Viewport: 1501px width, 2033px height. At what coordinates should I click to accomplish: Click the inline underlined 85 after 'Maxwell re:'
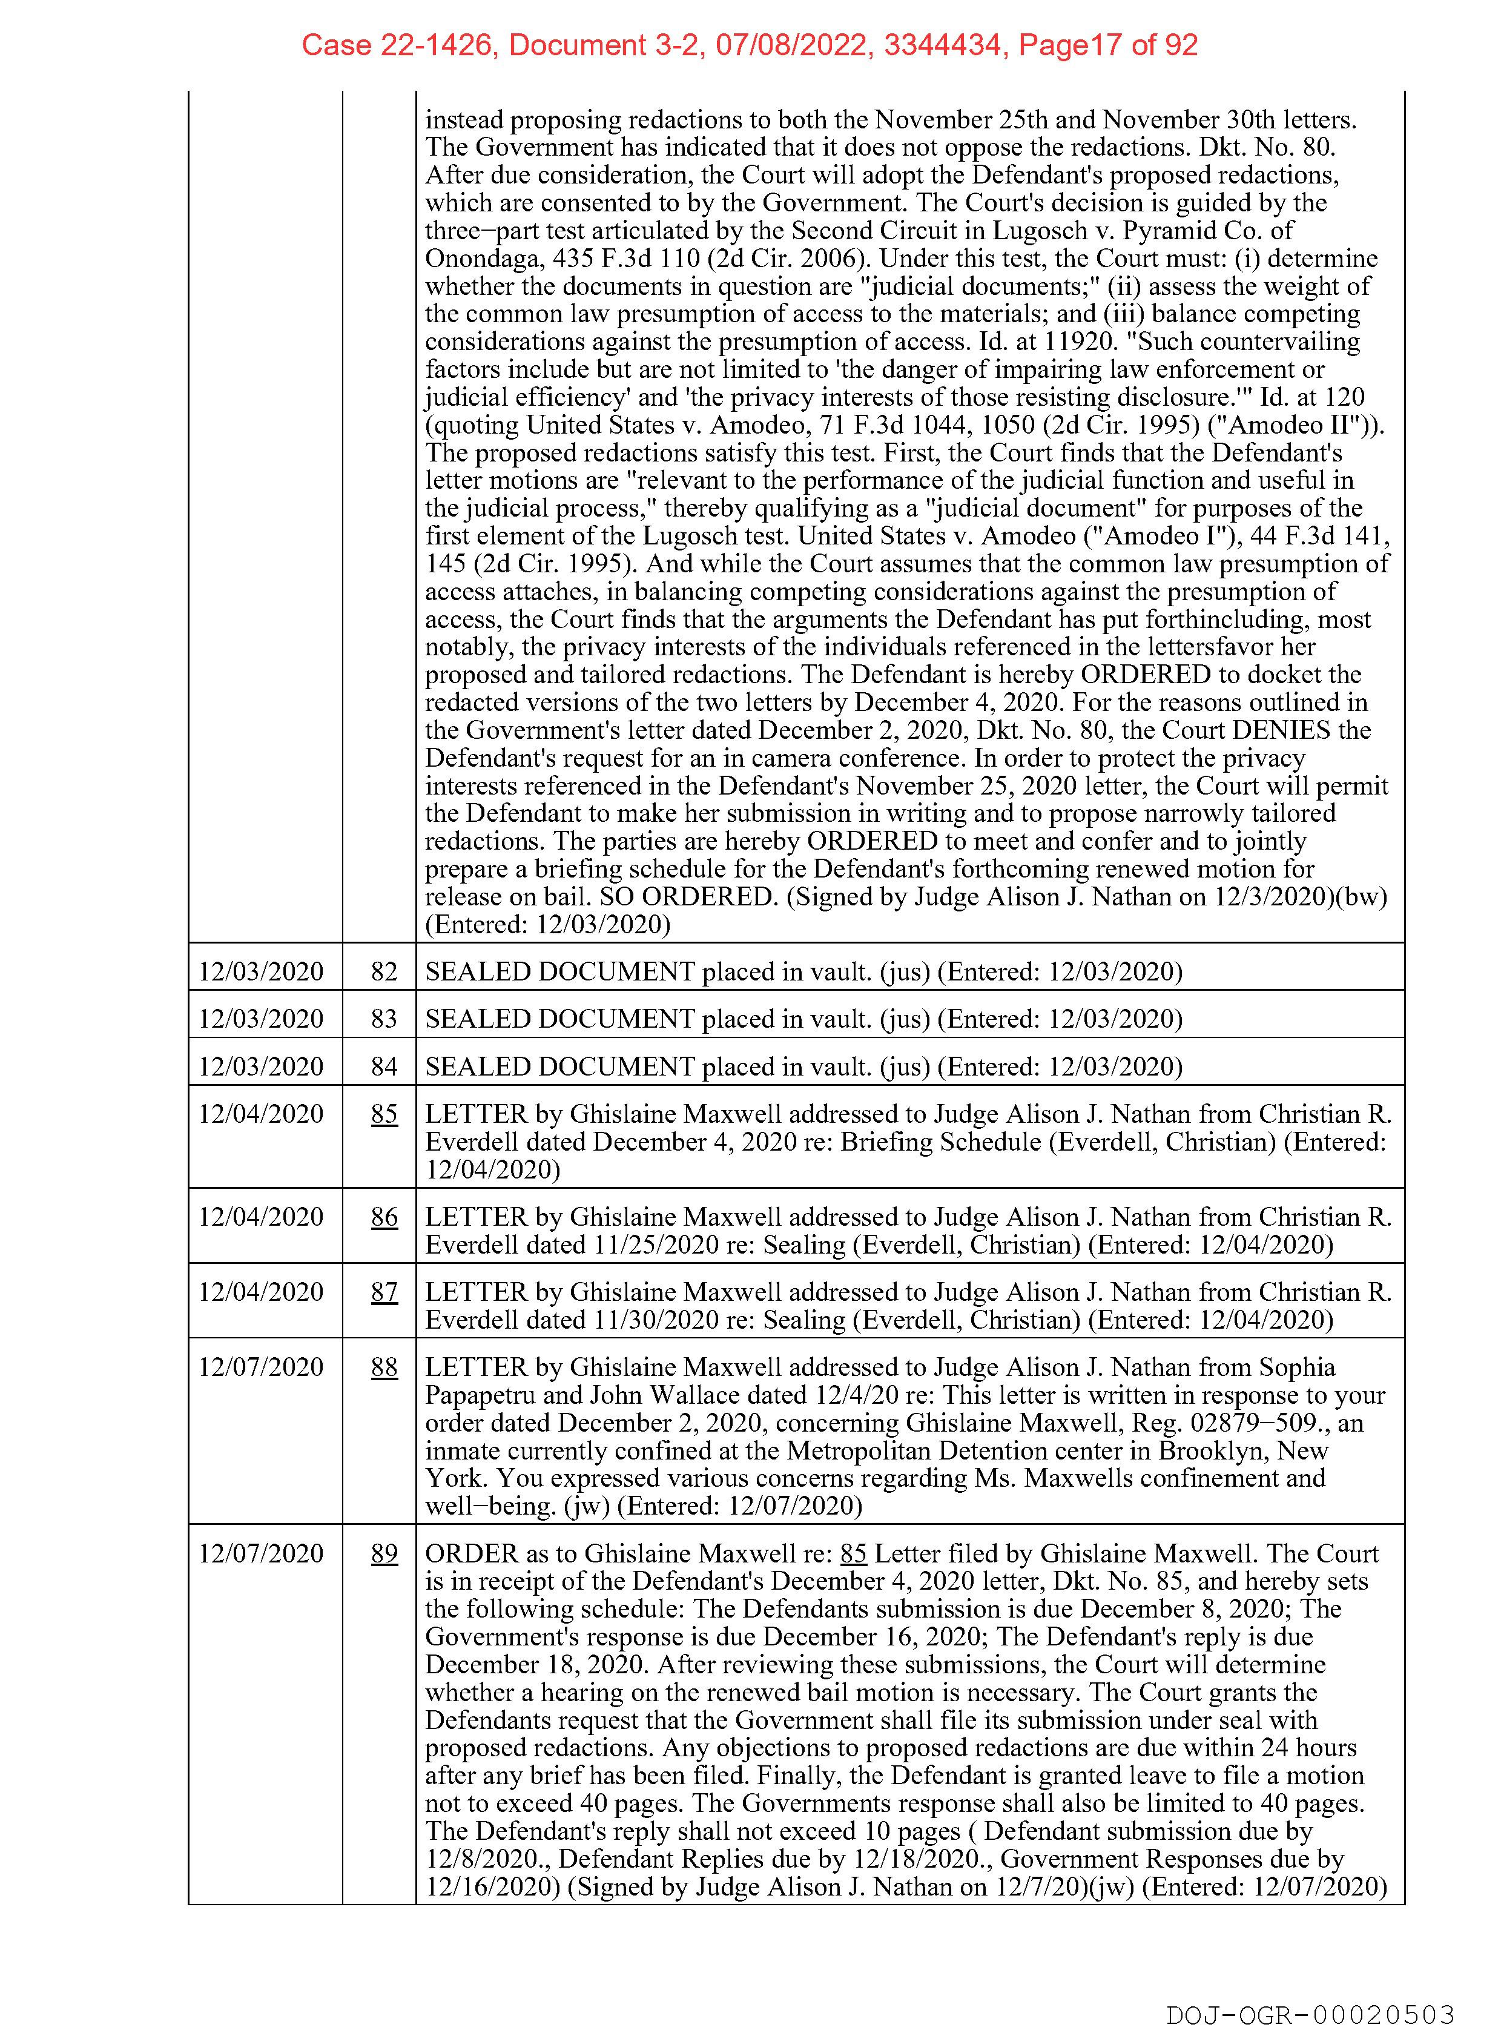click(853, 1553)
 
